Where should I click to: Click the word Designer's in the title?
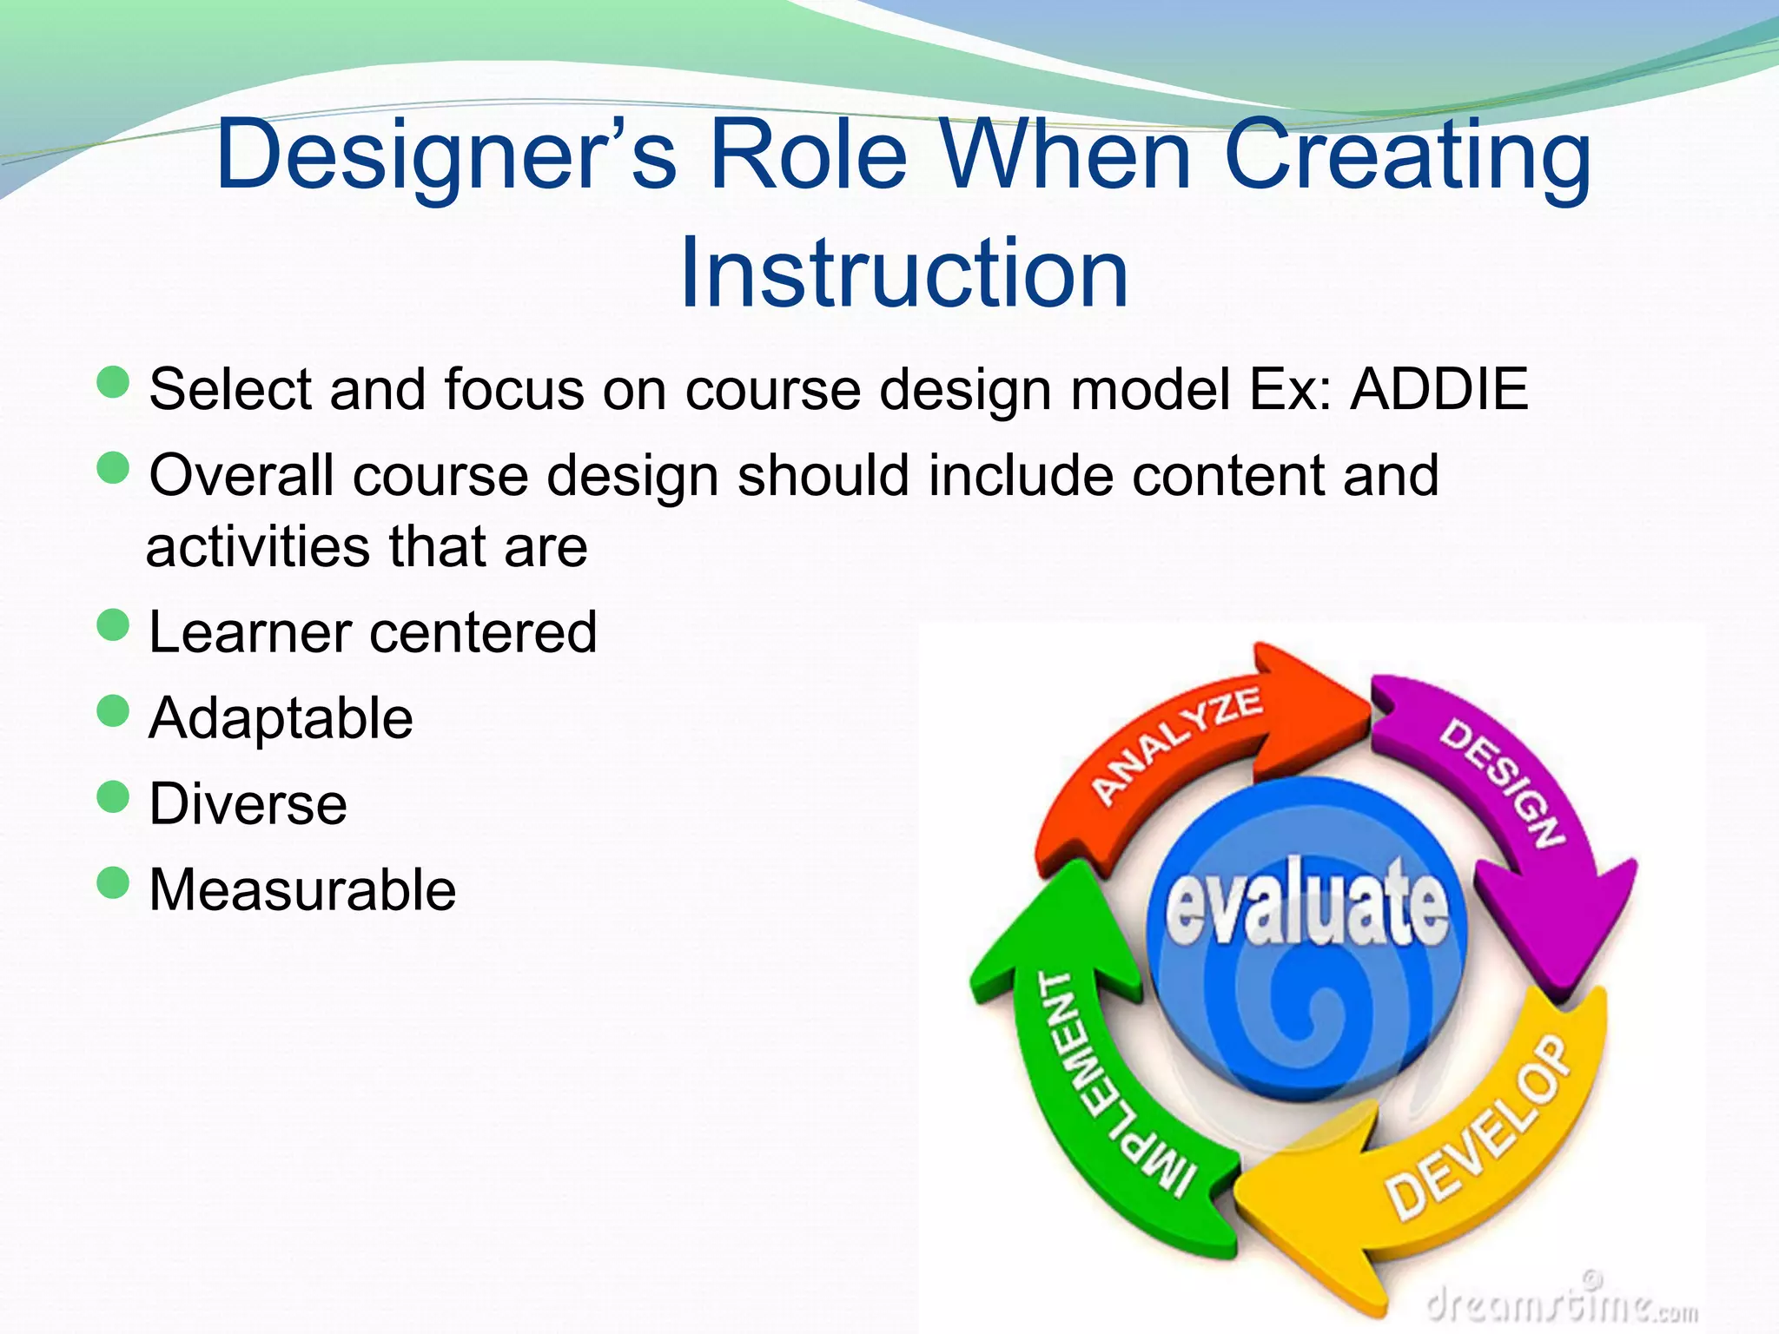pyautogui.click(x=446, y=156)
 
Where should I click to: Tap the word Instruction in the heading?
pyautogui.click(x=903, y=274)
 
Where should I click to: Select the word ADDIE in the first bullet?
pyautogui.click(x=1438, y=389)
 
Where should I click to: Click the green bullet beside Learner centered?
pyautogui.click(x=113, y=624)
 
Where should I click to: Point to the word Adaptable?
pyautogui.click(x=281, y=718)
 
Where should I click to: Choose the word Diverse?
pyautogui.click(x=248, y=803)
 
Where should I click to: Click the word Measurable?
pyautogui.click(x=302, y=890)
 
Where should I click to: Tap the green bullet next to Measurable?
pyautogui.click(x=113, y=883)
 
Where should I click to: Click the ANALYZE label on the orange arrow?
pyautogui.click(x=1177, y=744)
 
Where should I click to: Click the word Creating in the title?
pyautogui.click(x=1407, y=156)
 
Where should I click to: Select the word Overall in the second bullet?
pyautogui.click(x=241, y=476)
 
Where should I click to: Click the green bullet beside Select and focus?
pyautogui.click(x=113, y=382)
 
